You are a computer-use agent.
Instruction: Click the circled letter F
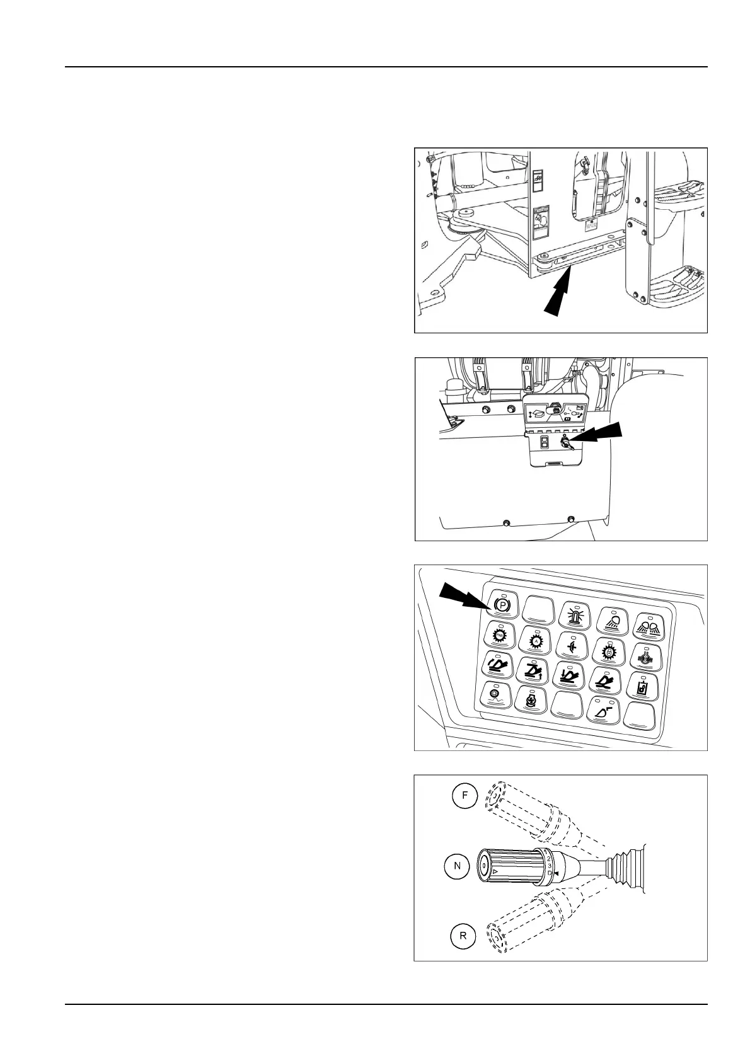pos(464,794)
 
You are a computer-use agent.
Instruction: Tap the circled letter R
pos(463,936)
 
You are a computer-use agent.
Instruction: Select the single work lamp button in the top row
pos(611,618)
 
